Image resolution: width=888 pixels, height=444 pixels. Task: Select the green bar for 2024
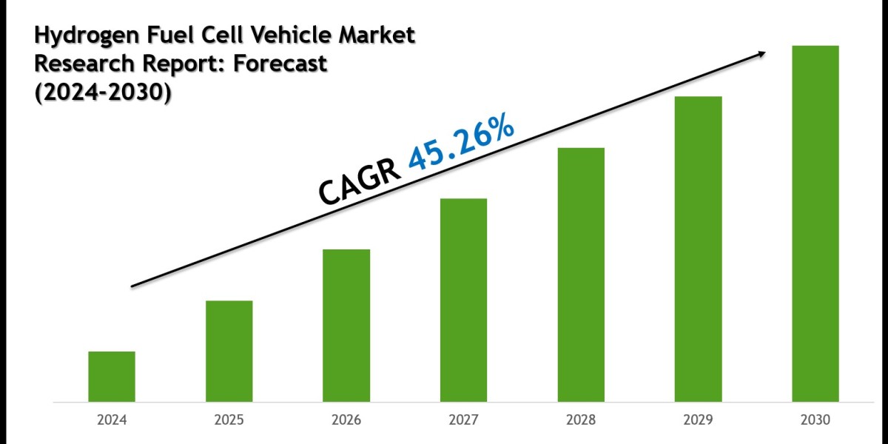(x=112, y=377)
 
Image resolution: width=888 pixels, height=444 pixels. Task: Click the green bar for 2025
(x=229, y=351)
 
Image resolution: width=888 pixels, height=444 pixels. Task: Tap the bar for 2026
(x=346, y=326)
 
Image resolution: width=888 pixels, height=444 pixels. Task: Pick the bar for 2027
(x=464, y=300)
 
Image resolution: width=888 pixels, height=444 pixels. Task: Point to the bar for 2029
(x=699, y=249)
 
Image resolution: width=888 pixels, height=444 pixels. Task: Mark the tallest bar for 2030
(x=815, y=224)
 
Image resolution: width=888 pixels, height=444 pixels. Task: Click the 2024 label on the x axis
(x=112, y=420)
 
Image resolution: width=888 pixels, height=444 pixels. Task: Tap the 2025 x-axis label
(x=229, y=420)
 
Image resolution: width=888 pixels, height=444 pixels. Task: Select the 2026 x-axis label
(x=346, y=420)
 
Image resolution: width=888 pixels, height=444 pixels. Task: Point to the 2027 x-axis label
(x=464, y=420)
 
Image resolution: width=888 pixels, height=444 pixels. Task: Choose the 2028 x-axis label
(x=581, y=420)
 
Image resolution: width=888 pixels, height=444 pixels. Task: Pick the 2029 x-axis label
(x=699, y=420)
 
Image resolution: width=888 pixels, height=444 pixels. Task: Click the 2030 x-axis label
(x=815, y=420)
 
